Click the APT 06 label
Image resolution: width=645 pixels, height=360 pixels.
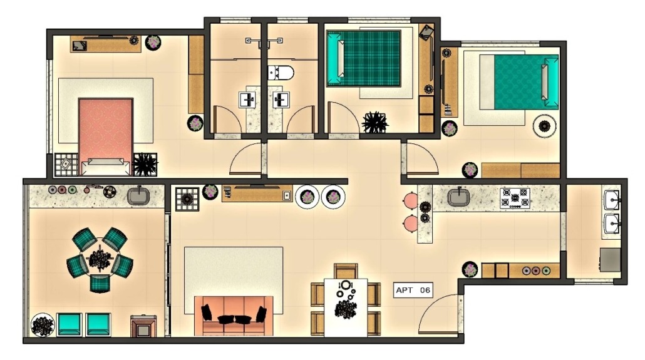[x=413, y=290]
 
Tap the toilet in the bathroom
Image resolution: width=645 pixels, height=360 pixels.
[x=281, y=73]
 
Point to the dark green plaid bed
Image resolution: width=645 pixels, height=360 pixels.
[x=364, y=58]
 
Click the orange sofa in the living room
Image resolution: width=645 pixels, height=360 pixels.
[x=233, y=316]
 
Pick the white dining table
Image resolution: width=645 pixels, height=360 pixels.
[x=346, y=307]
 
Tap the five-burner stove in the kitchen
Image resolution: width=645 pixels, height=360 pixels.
[x=515, y=198]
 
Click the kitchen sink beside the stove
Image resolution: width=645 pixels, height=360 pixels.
[x=458, y=197]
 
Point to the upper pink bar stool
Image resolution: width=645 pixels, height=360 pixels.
[x=411, y=201]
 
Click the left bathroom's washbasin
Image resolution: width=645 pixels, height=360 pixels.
[x=247, y=100]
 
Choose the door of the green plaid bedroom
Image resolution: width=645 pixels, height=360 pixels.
[x=344, y=118]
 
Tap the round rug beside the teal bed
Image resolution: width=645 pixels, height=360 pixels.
[x=545, y=126]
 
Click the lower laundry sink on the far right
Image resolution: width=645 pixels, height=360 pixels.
[x=612, y=224]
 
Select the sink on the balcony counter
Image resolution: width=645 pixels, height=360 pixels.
[x=138, y=196]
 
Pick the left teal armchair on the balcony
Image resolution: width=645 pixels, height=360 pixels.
[x=69, y=324]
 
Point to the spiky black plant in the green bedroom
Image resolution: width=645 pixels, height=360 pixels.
[x=374, y=122]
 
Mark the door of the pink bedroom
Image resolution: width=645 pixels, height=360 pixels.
[x=245, y=158]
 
